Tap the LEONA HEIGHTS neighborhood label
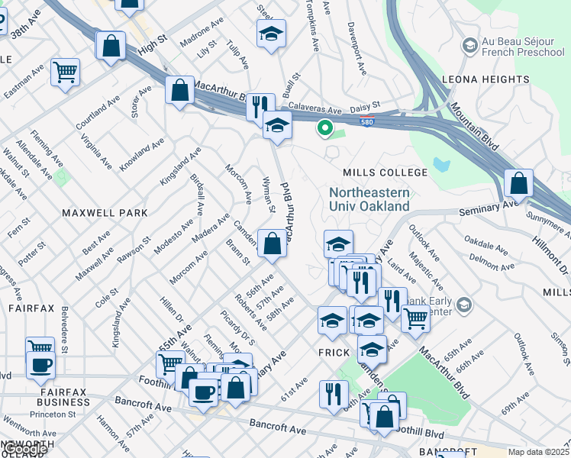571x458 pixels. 486,79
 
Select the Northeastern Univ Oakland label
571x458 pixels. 369,199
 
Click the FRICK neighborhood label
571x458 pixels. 333,353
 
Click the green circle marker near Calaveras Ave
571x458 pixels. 324,129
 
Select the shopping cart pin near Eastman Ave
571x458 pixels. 66,73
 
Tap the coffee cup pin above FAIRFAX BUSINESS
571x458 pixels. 40,364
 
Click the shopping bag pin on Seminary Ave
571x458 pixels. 518,183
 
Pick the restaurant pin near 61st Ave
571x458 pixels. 334,394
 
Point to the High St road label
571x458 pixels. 151,53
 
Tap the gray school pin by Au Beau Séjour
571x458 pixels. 469,46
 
